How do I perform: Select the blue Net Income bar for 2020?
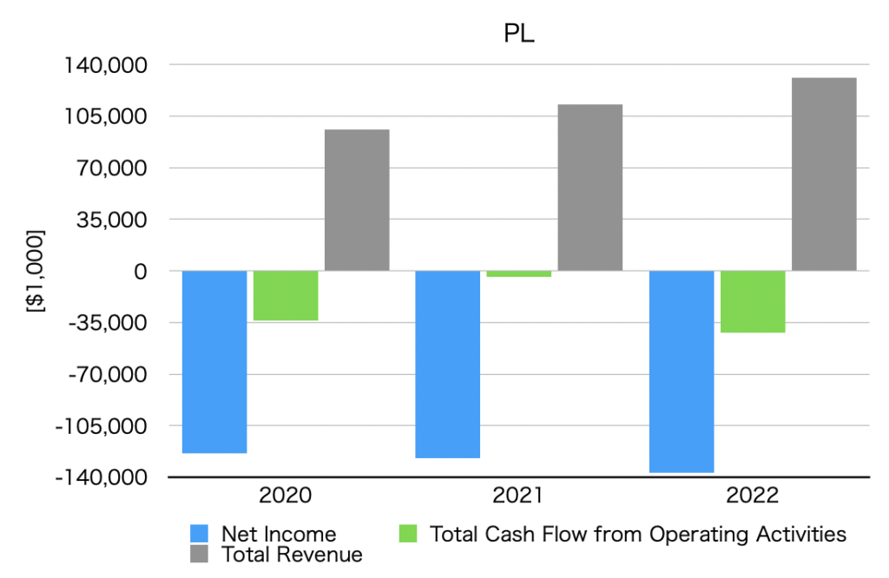(214, 361)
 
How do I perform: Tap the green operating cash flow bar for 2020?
(286, 296)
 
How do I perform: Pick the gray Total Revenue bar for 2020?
(357, 200)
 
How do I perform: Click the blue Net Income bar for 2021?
(448, 364)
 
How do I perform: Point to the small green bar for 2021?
(518, 274)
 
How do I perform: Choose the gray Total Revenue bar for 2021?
(590, 187)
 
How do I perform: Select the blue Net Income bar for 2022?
(682, 371)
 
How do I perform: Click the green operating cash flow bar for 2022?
(753, 301)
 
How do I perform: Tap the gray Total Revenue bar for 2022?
(824, 174)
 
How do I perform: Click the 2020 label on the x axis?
(285, 496)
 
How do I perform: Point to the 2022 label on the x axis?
(753, 496)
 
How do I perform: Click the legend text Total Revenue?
(292, 554)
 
